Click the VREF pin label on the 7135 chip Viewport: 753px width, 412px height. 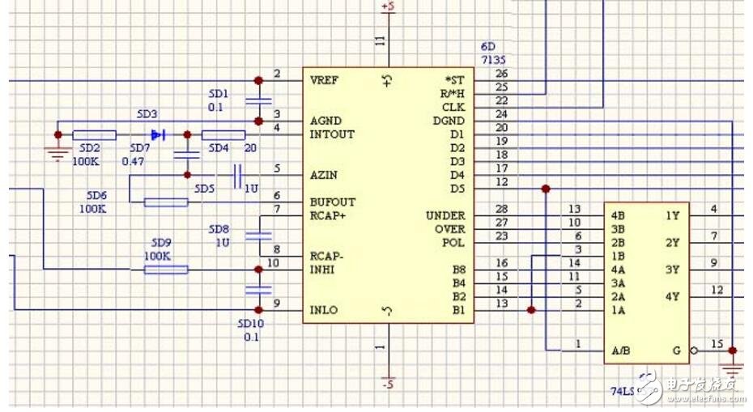[324, 80]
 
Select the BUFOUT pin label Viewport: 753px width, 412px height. [332, 202]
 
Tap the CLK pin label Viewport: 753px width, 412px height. [453, 107]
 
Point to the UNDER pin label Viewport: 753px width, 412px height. [445, 215]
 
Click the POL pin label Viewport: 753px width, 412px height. [454, 242]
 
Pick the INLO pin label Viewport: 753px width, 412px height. [324, 310]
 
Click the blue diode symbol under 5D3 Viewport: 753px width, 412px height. [157, 134]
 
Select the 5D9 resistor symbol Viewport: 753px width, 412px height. [166, 270]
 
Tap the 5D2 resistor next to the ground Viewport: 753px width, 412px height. [94, 134]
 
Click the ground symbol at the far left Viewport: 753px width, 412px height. [57, 153]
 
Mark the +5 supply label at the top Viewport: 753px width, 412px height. [388, 6]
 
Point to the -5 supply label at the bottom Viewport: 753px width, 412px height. [388, 384]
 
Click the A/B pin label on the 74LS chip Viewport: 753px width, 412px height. [622, 350]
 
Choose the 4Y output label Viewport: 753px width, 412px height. [673, 296]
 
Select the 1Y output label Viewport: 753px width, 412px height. [673, 215]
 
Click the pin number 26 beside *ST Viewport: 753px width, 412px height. [502, 74]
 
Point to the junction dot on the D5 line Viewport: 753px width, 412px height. [546, 189]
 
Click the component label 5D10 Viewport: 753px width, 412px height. [250, 323]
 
